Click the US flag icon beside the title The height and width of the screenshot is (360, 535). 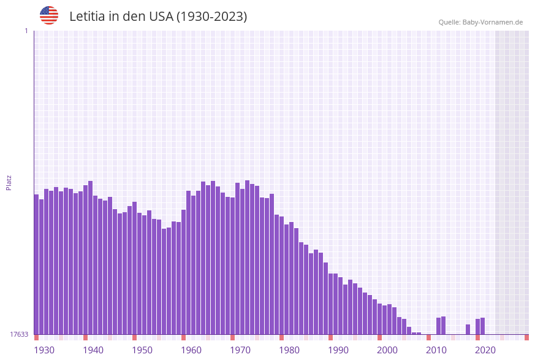pyautogui.click(x=49, y=15)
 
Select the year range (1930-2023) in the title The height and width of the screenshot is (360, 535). pyautogui.click(x=212, y=17)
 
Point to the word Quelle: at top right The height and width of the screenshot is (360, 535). pyautogui.click(x=449, y=22)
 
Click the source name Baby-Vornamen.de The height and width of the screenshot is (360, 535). pyautogui.click(x=493, y=22)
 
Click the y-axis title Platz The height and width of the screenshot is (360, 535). pyautogui.click(x=9, y=182)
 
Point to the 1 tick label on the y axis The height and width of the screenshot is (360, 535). pyautogui.click(x=26, y=31)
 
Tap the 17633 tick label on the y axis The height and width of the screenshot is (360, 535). pyautogui.click(x=19, y=334)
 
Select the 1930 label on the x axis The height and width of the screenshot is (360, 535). pyautogui.click(x=44, y=350)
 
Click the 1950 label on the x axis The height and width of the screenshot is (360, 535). pyautogui.click(x=142, y=350)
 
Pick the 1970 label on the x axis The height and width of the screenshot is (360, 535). pyautogui.click(x=240, y=350)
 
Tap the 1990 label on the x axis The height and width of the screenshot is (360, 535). pyautogui.click(x=338, y=350)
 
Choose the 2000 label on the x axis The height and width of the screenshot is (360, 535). pyautogui.click(x=387, y=350)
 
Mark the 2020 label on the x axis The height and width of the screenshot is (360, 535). pyautogui.click(x=485, y=350)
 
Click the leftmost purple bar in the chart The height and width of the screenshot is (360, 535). pyautogui.click(x=36, y=264)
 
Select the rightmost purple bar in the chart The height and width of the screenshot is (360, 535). pyautogui.click(x=482, y=326)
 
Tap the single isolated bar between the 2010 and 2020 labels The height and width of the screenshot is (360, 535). pyautogui.click(x=468, y=329)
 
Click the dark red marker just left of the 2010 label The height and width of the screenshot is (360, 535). pyautogui.click(x=428, y=337)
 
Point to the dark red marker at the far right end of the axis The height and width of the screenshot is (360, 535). pyautogui.click(x=526, y=337)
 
